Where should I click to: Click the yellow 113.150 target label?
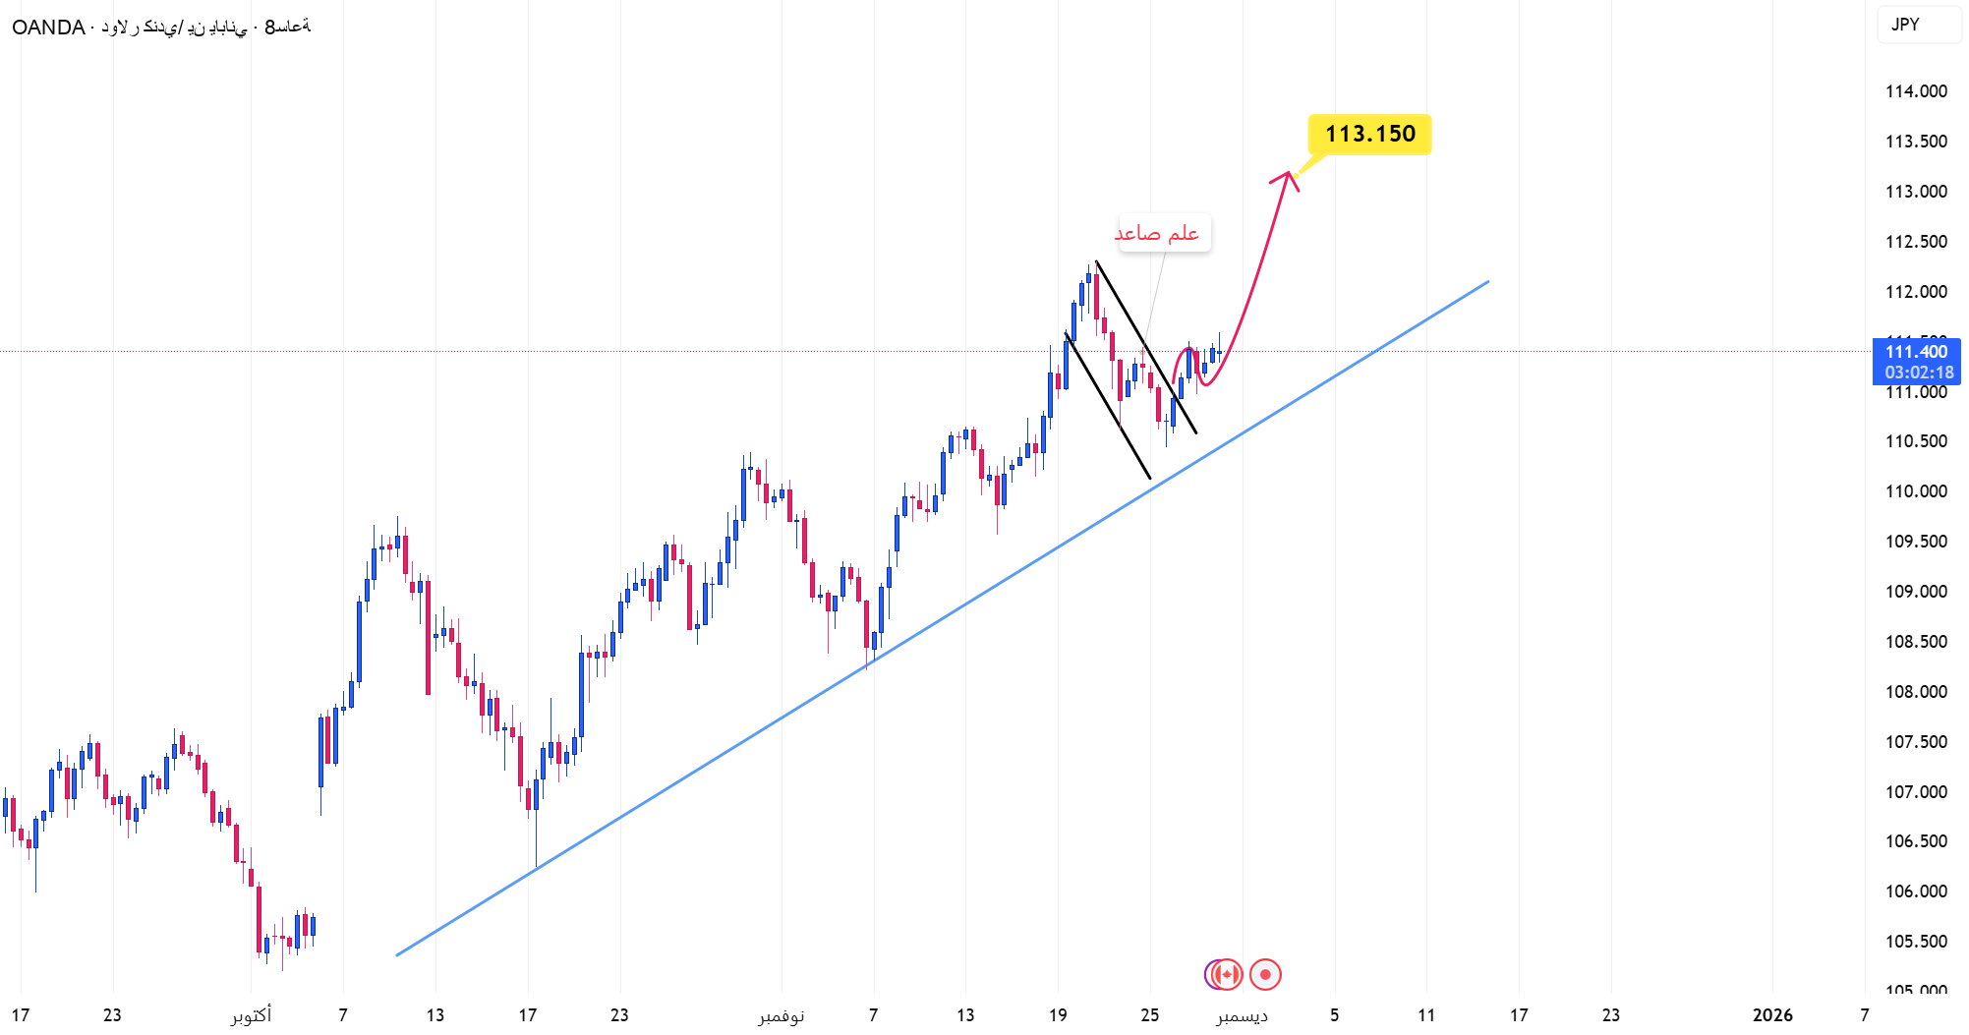coord(1369,135)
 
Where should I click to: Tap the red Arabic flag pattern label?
coord(1157,233)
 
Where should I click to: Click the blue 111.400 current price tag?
coord(1916,352)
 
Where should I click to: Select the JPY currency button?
coord(1905,25)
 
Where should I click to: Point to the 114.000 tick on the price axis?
coord(1916,91)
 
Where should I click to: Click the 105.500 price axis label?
coord(1916,942)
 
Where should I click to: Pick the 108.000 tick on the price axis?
coord(1916,692)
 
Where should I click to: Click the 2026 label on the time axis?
coord(1772,1015)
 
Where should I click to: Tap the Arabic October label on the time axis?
coord(252,1015)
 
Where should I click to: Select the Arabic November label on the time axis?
coord(782,1015)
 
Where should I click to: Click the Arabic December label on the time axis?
coord(1242,1015)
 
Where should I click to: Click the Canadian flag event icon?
coord(1227,974)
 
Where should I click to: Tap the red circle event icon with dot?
coord(1265,974)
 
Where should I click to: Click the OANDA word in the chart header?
coord(48,28)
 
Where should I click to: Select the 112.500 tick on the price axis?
coord(1916,242)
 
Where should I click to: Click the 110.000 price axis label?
coord(1916,491)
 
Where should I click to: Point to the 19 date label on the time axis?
coord(1058,1015)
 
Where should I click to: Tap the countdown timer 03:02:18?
coord(1919,373)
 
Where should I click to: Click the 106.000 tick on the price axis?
coord(1916,891)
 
